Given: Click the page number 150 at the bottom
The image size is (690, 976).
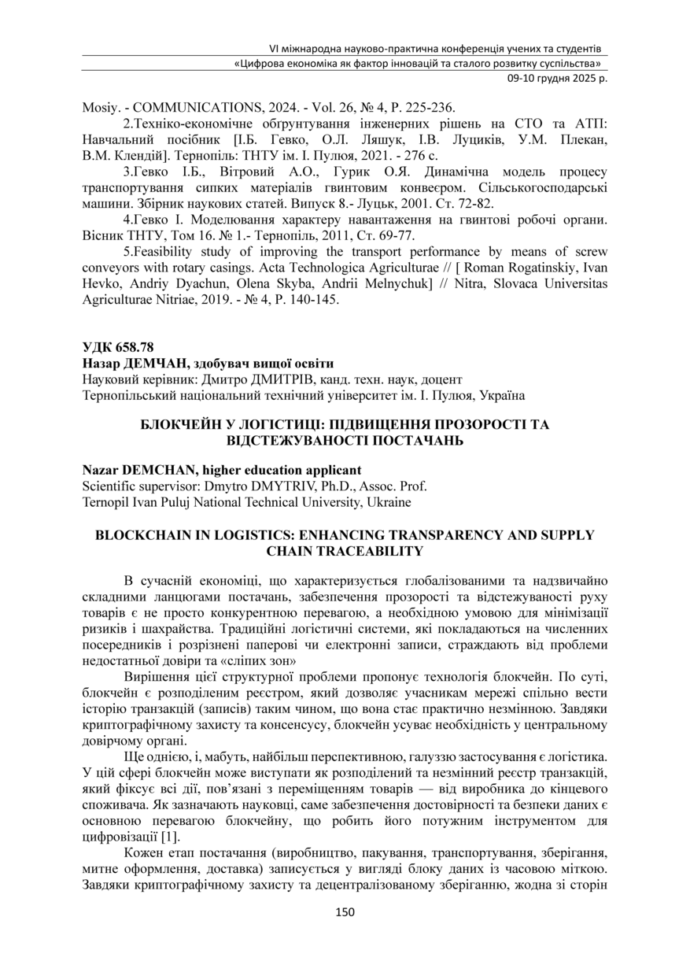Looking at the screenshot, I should [x=345, y=912].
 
